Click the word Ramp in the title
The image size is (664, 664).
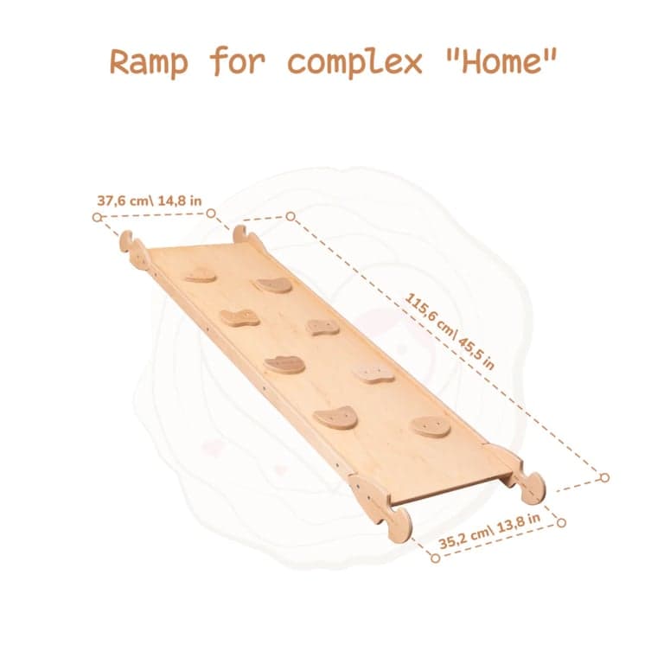149,62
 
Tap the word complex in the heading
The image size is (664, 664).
354,62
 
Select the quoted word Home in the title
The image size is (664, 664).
501,61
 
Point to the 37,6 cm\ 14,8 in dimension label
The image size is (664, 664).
150,201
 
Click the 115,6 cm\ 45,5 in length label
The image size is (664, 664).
450,331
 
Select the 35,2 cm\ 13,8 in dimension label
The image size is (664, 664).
489,531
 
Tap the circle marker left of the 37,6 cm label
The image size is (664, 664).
98,217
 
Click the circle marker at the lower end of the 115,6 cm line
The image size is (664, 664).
604,477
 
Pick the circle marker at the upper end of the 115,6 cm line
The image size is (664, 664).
290,216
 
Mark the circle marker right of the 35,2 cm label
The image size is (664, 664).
561,522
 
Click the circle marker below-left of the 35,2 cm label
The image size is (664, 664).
435,558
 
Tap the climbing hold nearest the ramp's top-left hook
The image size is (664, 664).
201,275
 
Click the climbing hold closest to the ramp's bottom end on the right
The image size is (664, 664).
431,426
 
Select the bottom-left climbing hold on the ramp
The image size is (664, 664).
335,418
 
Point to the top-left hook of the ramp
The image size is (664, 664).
126,240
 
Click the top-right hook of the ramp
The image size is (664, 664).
240,234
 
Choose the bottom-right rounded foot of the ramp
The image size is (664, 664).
533,488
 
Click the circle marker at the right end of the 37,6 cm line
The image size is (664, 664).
211,214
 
